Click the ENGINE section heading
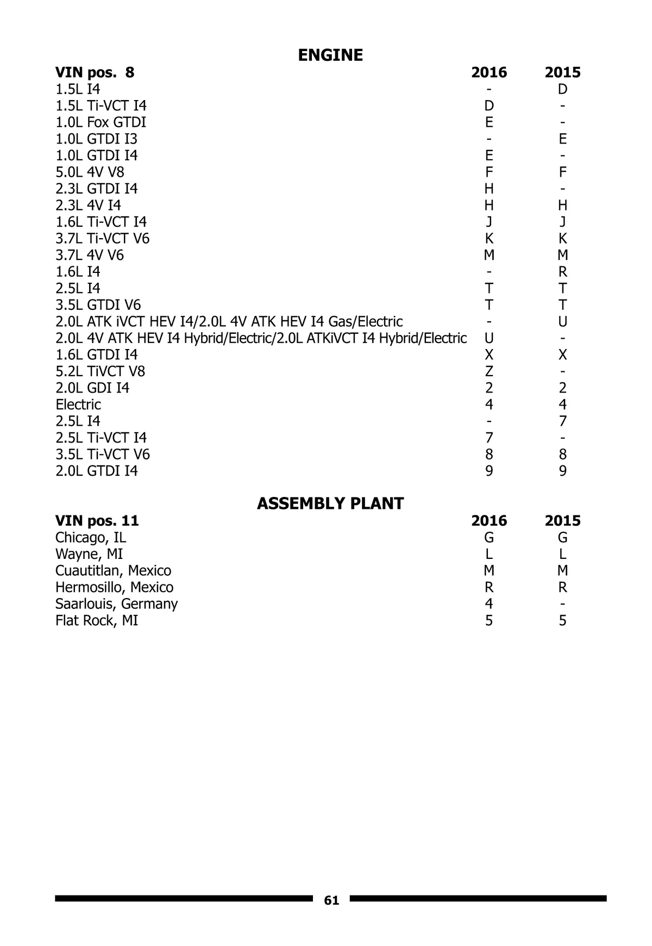tap(330, 55)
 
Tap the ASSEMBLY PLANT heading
tap(330, 503)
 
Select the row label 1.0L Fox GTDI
tap(101, 122)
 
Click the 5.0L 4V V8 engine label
tap(90, 172)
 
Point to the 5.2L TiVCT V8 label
tap(100, 371)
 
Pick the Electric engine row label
tap(78, 404)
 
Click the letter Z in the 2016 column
tap(489, 371)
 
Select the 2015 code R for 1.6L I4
tap(562, 272)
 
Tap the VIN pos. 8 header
tap(95, 72)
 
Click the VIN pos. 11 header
tap(97, 521)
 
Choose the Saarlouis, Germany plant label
tap(116, 604)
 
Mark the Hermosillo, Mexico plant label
tap(114, 587)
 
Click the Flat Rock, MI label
tap(97, 620)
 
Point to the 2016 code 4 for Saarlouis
tap(489, 604)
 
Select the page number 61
tap(331, 901)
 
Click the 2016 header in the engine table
tap(489, 72)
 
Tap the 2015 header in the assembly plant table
tap(562, 521)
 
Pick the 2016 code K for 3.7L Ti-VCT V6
tap(489, 239)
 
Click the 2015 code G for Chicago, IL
tap(562, 538)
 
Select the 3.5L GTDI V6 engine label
tap(98, 305)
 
